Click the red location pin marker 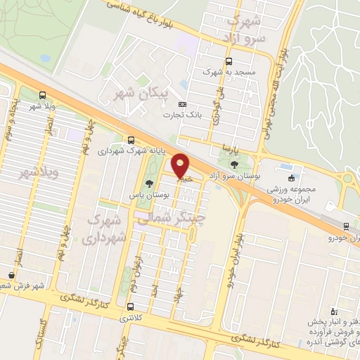[181, 167]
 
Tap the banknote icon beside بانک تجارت [182, 104]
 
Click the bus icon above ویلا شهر [43, 94]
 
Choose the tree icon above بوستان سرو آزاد [233, 166]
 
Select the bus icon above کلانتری [130, 307]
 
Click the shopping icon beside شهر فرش [10, 275]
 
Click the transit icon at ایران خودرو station [345, 226]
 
